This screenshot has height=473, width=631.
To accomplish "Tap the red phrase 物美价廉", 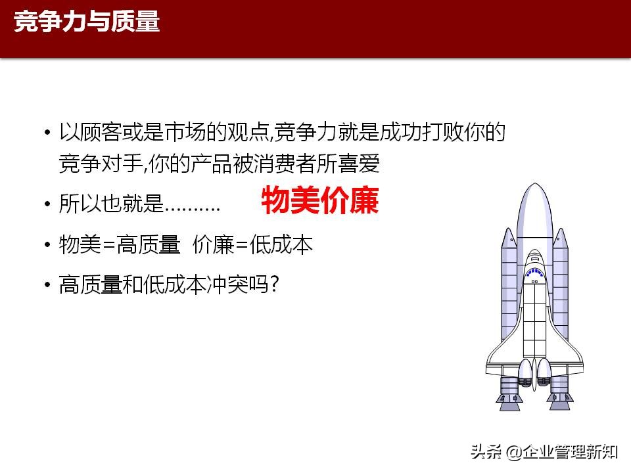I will pyautogui.click(x=320, y=201).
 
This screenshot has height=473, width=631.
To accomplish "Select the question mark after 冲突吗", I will pyautogui.click(x=275, y=284).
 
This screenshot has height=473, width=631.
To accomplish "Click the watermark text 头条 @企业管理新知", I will pyautogui.click(x=543, y=451).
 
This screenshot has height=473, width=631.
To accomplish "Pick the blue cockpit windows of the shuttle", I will pyautogui.click(x=534, y=271).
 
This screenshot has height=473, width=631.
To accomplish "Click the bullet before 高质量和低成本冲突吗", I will pyautogui.click(x=47, y=285).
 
